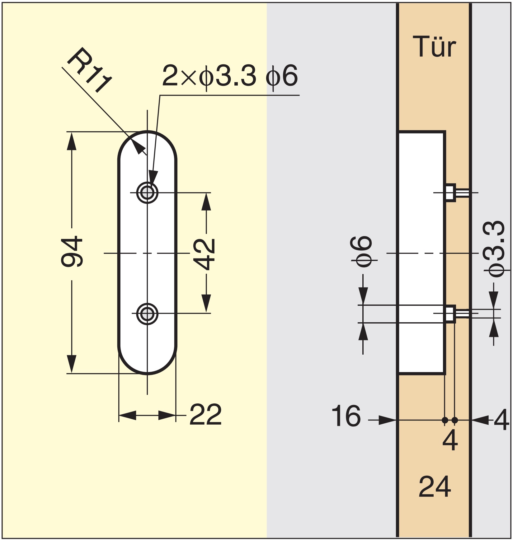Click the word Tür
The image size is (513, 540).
pyautogui.click(x=434, y=47)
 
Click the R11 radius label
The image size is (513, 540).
pyautogui.click(x=89, y=70)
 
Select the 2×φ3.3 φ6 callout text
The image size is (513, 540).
pyautogui.click(x=230, y=76)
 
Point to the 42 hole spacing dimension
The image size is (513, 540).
pyautogui.click(x=204, y=254)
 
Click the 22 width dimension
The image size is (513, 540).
pyautogui.click(x=205, y=415)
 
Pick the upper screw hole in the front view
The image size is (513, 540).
pyautogui.click(x=147, y=193)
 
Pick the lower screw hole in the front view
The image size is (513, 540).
pyautogui.click(x=147, y=314)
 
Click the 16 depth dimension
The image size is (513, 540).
pyautogui.click(x=346, y=416)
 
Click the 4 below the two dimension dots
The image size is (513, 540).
pyautogui.click(x=450, y=440)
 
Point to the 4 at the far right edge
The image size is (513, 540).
pyautogui.click(x=501, y=420)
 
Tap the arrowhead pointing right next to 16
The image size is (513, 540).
pyautogui.click(x=387, y=420)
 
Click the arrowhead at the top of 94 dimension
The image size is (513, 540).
pyautogui.click(x=72, y=141)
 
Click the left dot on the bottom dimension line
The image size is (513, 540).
pyautogui.click(x=445, y=420)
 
